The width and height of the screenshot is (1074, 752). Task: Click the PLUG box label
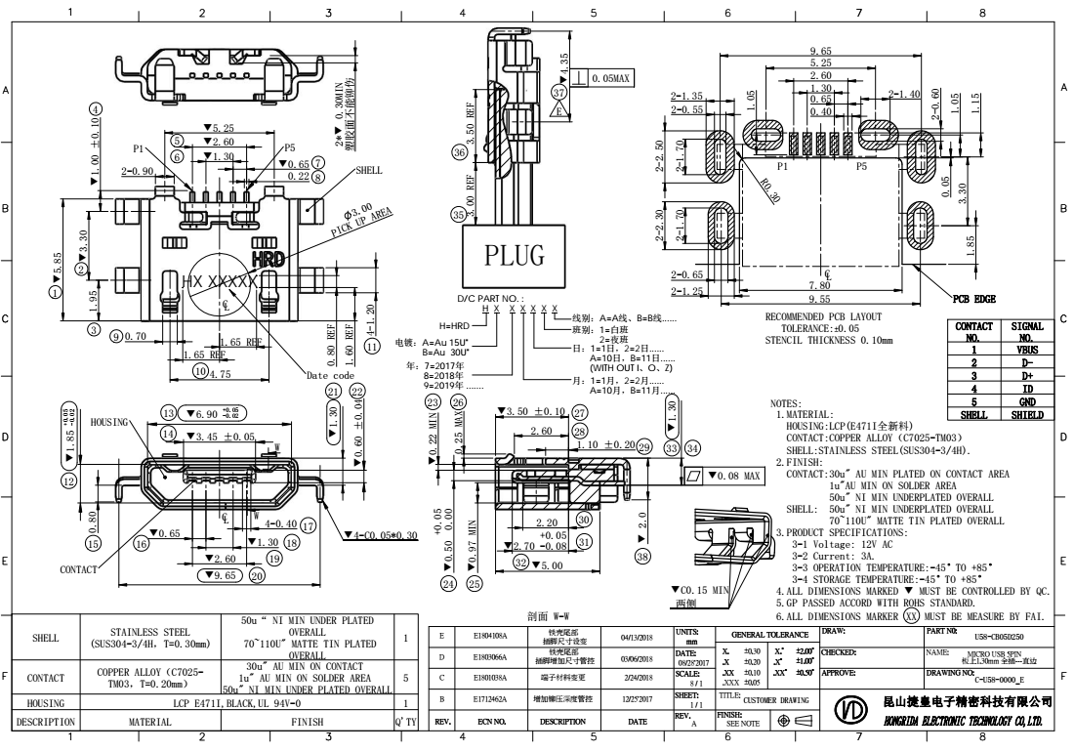click(515, 257)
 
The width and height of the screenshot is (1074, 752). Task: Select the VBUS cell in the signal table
click(1029, 349)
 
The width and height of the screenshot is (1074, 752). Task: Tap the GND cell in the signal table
click(1029, 400)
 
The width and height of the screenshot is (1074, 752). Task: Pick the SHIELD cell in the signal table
click(1029, 414)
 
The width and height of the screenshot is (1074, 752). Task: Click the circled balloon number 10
click(201, 371)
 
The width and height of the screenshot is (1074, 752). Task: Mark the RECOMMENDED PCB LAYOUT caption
click(825, 317)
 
